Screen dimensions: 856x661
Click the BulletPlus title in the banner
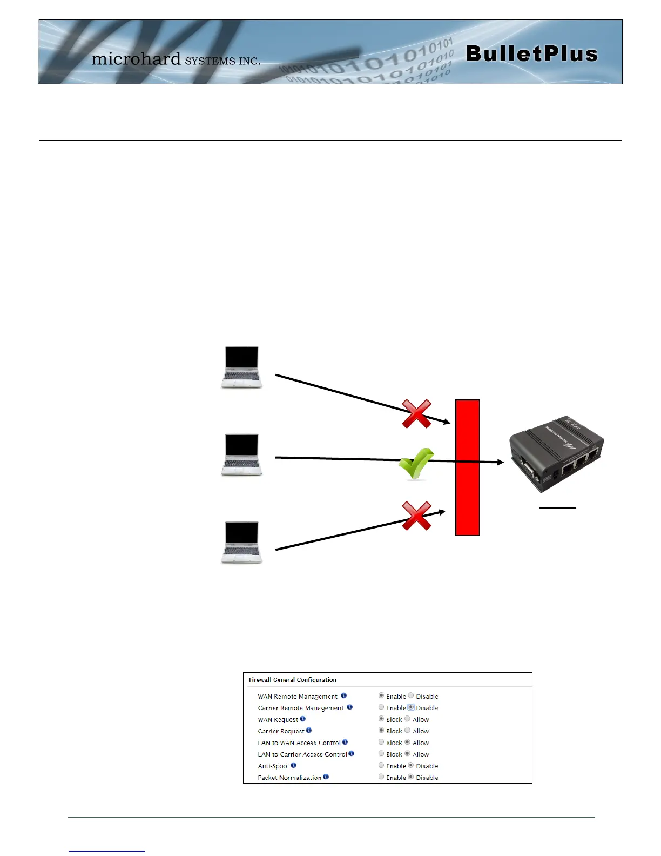[531, 54]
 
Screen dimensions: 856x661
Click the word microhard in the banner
[136, 58]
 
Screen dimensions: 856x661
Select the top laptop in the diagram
[241, 367]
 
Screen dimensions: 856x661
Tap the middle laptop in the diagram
[241, 455]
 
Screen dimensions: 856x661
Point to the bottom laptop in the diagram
[241, 543]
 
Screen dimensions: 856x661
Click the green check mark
[416, 464]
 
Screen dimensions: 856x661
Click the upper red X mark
[416, 414]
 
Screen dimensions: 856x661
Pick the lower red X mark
[416, 516]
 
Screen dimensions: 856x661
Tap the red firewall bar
[467, 467]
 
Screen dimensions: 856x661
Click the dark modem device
[556, 454]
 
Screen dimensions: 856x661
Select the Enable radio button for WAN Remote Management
[381, 695]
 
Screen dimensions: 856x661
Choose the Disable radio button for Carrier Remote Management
[411, 707]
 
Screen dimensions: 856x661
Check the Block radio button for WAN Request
[381, 719]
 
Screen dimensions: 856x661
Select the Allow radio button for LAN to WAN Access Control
[408, 742]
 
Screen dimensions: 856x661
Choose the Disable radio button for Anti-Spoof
[411, 765]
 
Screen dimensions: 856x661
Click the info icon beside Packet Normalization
[326, 777]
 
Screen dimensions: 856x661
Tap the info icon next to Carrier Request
[309, 731]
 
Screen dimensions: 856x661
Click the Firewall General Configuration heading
[293, 680]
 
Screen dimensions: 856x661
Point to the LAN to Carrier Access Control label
[302, 754]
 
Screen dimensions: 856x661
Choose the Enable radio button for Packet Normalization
[381, 777]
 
